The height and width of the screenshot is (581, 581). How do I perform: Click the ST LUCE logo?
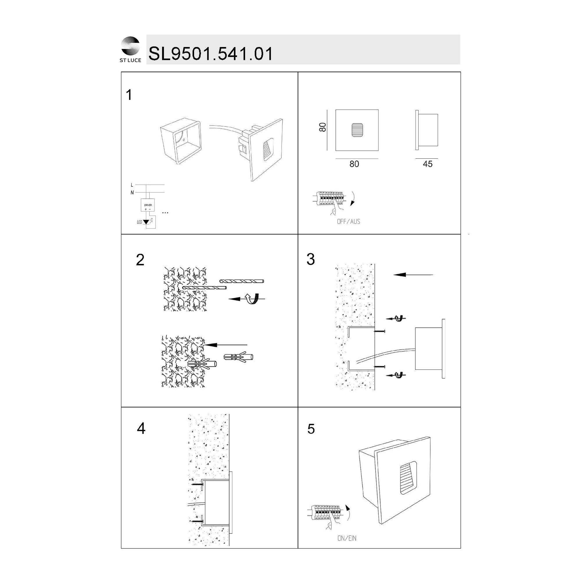tap(130, 50)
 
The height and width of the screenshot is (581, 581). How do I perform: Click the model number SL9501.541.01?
tap(211, 54)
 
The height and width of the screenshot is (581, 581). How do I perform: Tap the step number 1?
tap(129, 95)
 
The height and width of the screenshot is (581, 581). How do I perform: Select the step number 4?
tap(141, 428)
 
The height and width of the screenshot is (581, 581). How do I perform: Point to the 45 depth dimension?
tap(427, 164)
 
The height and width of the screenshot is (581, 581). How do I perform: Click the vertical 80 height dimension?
tap(322, 127)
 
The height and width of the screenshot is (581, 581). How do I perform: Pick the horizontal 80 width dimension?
tap(354, 164)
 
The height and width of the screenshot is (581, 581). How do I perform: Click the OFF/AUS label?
tap(349, 222)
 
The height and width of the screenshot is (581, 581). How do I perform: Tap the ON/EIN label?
tap(347, 538)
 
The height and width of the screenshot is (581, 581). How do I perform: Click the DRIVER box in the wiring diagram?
tap(148, 205)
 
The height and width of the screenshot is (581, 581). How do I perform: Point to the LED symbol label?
tap(139, 222)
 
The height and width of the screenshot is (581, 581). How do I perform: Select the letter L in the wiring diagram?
tap(132, 185)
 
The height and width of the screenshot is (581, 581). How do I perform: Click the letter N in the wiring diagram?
tap(132, 193)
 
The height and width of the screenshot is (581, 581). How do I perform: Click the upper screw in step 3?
tap(379, 331)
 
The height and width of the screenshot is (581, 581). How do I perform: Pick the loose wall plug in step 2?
tap(239, 357)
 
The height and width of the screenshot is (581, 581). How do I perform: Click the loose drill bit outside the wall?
tap(242, 281)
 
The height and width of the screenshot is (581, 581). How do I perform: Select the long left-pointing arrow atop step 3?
tap(413, 275)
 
